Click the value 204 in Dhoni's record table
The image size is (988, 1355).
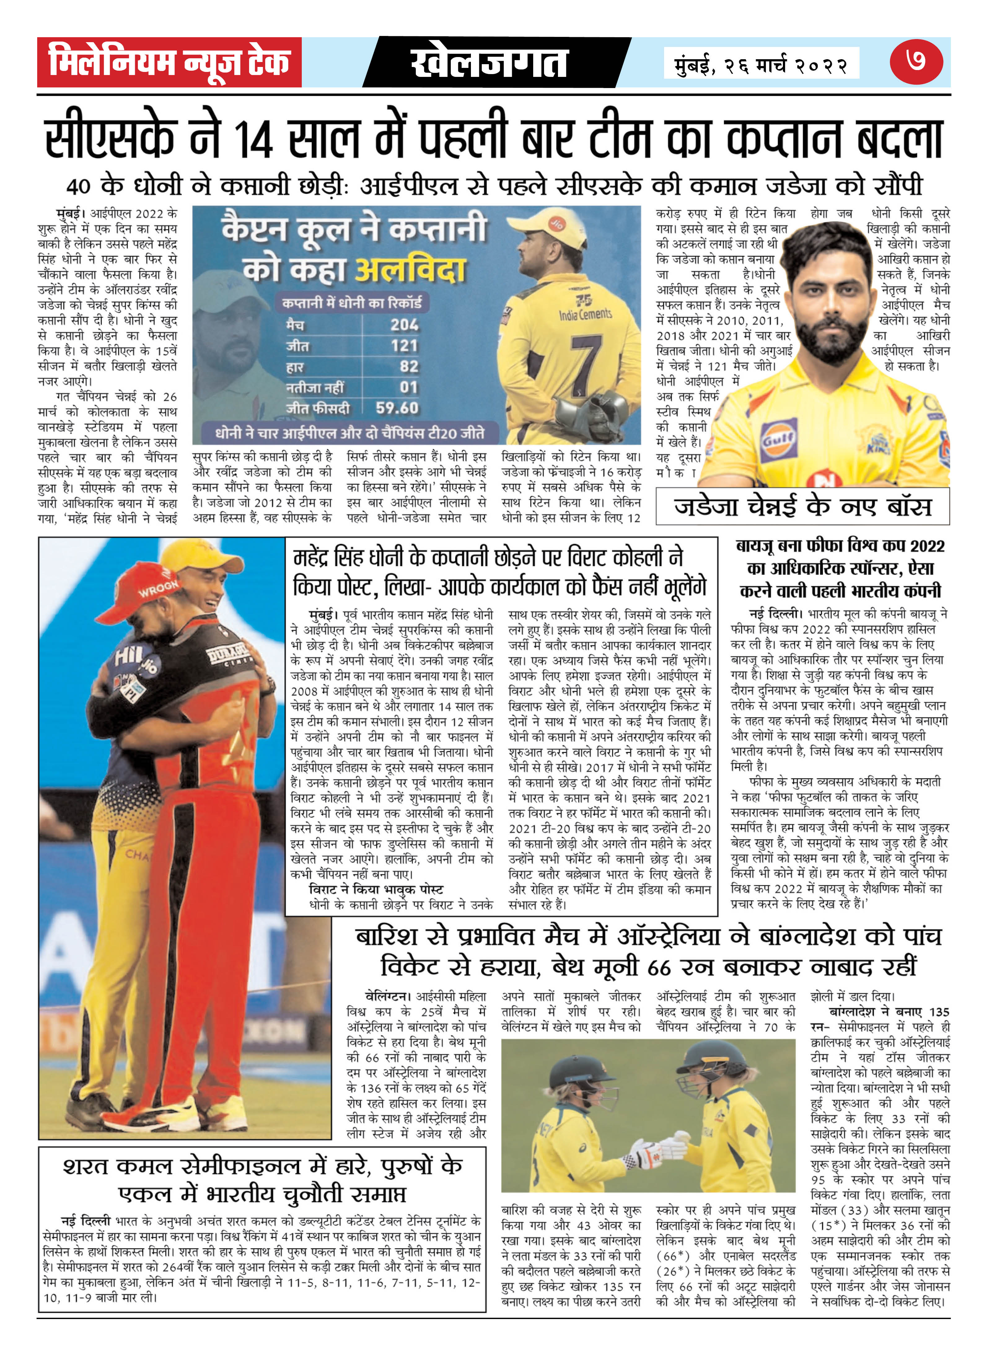pos(404,325)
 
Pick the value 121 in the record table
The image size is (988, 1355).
pos(404,346)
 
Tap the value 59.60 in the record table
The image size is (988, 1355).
pos(397,408)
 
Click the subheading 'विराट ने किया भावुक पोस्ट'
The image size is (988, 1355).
pos(375,889)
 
